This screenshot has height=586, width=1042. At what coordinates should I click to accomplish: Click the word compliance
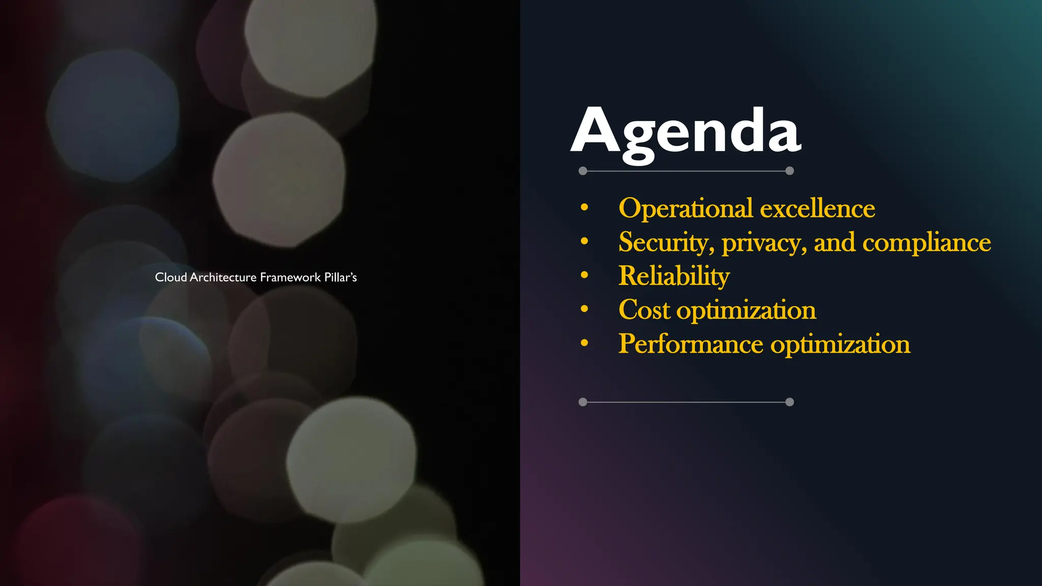click(x=927, y=243)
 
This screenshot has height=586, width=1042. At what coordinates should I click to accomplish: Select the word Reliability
click(x=674, y=276)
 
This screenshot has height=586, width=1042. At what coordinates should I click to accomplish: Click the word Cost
click(x=644, y=310)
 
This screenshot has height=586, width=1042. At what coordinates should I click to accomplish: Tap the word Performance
click(x=690, y=344)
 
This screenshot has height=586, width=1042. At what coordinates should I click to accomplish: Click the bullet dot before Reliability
click(x=585, y=275)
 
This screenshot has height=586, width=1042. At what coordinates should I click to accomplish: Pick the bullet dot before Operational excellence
click(x=585, y=208)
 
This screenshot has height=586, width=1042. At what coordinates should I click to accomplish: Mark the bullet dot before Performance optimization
click(x=585, y=343)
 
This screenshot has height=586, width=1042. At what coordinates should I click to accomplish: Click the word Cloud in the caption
click(x=170, y=277)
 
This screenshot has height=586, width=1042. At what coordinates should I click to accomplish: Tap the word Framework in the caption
click(x=290, y=277)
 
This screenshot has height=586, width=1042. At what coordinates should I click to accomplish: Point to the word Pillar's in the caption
click(x=340, y=277)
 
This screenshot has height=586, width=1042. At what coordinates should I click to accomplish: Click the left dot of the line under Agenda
click(x=583, y=171)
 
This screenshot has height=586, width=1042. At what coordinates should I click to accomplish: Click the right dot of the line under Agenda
click(x=790, y=171)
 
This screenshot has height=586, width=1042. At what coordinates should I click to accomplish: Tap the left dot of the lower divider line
click(x=583, y=402)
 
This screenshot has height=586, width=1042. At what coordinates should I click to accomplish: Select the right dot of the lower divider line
click(x=790, y=402)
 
